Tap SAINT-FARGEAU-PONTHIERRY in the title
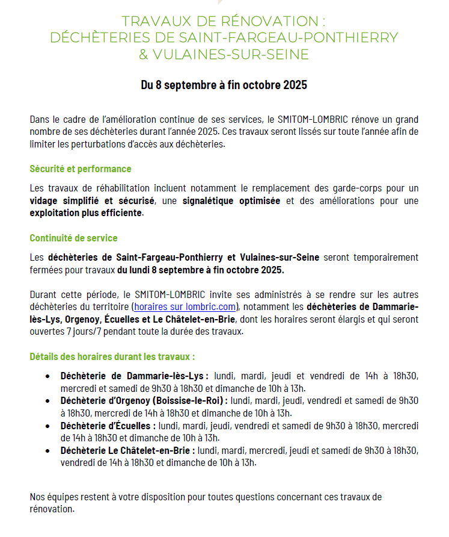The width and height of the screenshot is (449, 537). (x=289, y=37)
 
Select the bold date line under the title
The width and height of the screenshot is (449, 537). (x=224, y=85)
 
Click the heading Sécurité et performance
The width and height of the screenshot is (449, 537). (x=81, y=169)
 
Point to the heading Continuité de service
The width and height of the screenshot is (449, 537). (x=73, y=238)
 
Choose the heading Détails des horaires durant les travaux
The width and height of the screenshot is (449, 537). (x=112, y=356)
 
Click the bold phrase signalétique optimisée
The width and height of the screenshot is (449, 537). (x=231, y=201)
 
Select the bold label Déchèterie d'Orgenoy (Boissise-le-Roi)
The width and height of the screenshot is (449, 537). (x=144, y=400)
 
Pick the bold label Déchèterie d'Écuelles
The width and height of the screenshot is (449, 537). (x=108, y=426)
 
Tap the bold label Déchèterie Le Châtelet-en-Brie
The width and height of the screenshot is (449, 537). (x=128, y=450)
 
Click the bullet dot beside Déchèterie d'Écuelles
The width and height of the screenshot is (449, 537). (x=47, y=426)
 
